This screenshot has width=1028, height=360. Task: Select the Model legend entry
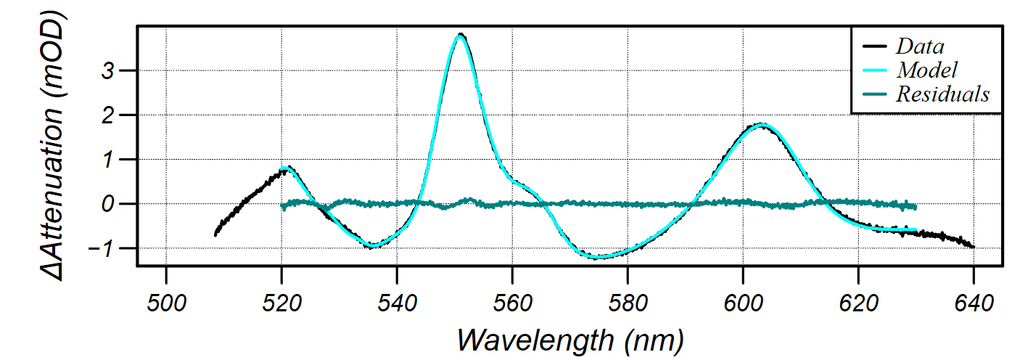pos(927,70)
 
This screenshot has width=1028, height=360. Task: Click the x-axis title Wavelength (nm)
pos(569,339)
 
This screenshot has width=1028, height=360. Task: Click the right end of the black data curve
pos(973,247)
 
